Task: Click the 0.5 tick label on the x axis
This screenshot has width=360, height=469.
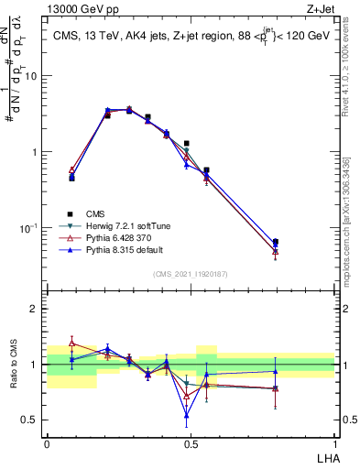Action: click(x=190, y=442)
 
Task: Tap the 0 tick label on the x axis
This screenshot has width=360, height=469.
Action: click(x=47, y=442)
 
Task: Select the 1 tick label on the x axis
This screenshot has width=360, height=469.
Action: click(x=334, y=442)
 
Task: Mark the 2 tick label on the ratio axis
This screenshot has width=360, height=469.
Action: click(x=35, y=309)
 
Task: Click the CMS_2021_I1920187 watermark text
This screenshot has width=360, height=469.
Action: click(x=191, y=274)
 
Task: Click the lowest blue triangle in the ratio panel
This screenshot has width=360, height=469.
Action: click(x=187, y=415)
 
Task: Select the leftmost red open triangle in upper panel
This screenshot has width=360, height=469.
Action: click(x=71, y=169)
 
